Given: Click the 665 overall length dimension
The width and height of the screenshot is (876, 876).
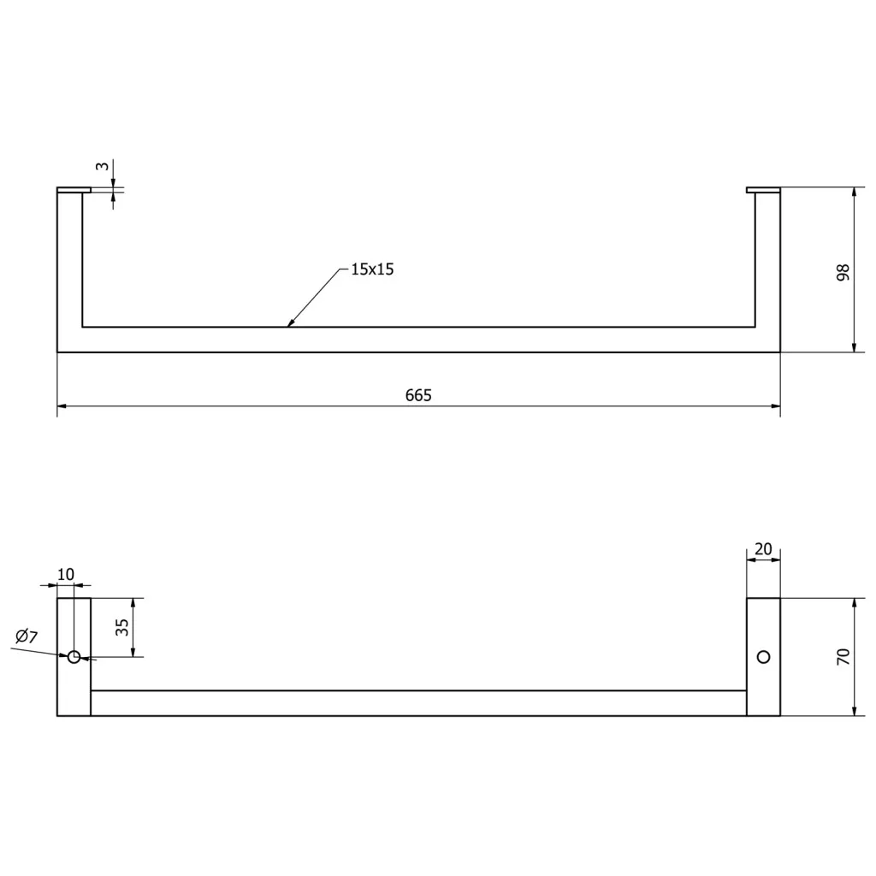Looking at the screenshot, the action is coord(418,395).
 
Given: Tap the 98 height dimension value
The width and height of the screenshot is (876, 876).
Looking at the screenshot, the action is coord(843,272).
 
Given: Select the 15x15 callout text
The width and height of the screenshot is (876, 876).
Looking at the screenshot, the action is coord(372,269).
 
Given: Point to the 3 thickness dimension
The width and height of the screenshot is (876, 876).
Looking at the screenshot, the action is coord(103,166).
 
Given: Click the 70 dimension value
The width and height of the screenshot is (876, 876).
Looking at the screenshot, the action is coord(843,656).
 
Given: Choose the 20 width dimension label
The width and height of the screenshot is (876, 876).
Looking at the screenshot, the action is coord(763,549).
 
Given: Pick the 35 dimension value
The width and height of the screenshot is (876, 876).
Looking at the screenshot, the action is coord(121,627).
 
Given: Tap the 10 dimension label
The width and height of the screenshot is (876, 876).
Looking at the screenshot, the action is coord(65,574).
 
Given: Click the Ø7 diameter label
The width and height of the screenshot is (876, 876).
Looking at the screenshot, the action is coord(27,636).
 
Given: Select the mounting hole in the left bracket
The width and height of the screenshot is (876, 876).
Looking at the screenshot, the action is coord(74,657).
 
